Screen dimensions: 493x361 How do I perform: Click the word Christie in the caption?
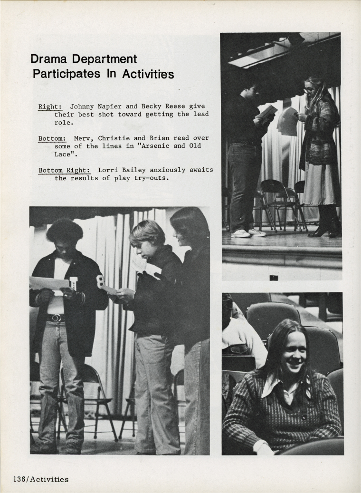114,138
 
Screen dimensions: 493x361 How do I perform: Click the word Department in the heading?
105,60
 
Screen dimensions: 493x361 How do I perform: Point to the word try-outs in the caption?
145,178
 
